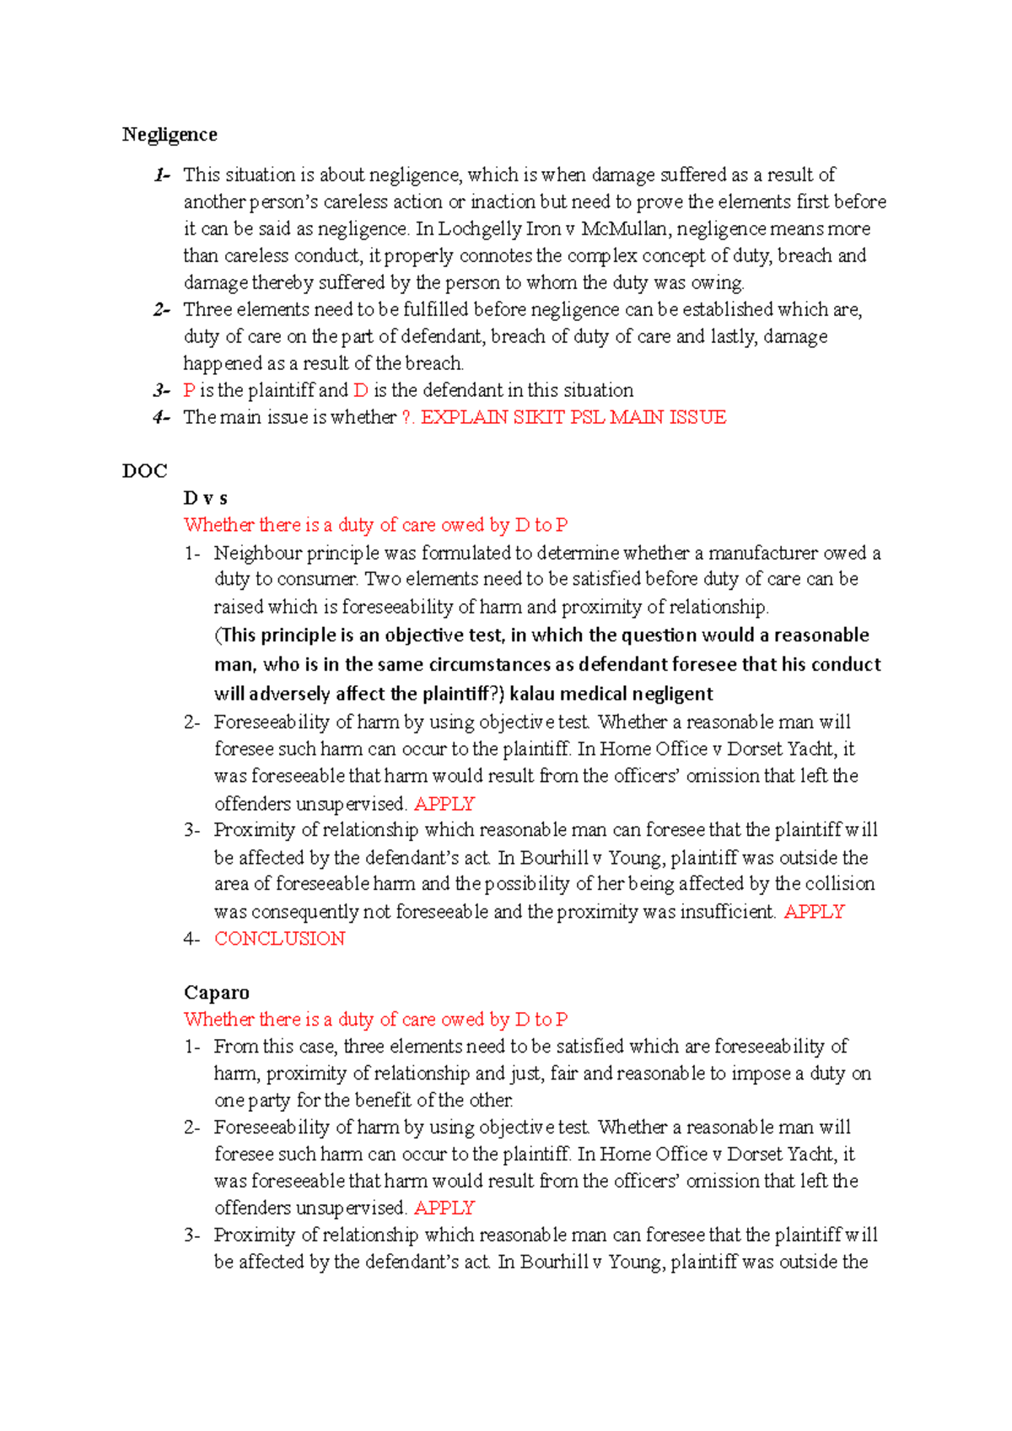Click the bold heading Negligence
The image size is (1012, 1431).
170,135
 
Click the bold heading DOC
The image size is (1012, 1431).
144,471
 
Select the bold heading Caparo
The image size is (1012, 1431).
217,992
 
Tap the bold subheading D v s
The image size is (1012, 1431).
205,498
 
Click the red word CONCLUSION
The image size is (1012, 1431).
279,939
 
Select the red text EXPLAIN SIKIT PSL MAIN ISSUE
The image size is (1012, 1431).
573,417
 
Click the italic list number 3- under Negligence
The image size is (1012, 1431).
161,390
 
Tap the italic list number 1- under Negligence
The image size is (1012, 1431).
161,175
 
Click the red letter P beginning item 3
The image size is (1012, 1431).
189,390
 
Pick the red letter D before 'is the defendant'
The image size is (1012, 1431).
360,390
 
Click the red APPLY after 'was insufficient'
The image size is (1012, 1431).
814,912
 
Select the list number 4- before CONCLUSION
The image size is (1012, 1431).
191,939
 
